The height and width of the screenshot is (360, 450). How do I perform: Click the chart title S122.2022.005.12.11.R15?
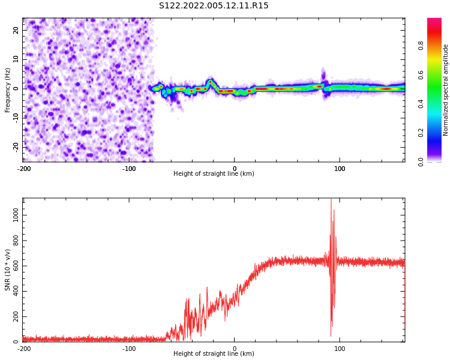pos(214,5)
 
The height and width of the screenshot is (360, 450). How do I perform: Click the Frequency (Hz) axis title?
pos(8,90)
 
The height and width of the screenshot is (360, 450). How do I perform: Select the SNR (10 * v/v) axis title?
pos(8,270)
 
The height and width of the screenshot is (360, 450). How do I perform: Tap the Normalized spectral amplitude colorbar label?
pos(446,90)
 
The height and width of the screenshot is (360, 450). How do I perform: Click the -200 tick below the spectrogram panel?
pos(24,168)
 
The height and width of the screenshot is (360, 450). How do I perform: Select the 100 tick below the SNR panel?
pos(340,348)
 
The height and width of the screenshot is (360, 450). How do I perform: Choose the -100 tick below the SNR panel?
pos(129,348)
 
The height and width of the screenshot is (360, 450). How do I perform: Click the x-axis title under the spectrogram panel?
pos(214,174)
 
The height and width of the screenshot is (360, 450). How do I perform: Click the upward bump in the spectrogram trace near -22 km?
pos(211,82)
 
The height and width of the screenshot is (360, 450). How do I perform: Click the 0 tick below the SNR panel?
pos(235,348)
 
